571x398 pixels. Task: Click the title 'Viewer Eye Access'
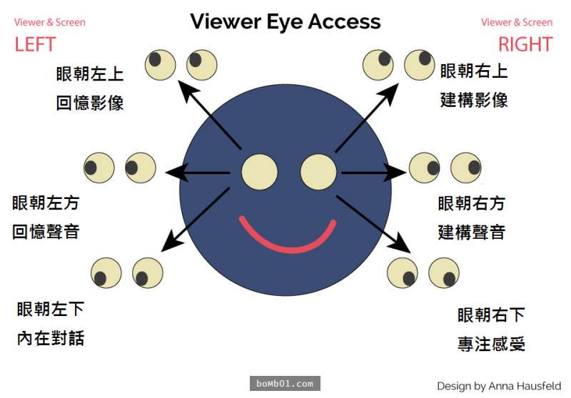[x=285, y=21]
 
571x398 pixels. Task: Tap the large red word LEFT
[x=35, y=44]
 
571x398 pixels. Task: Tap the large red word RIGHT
[x=525, y=44]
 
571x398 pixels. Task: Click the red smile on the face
[x=287, y=239]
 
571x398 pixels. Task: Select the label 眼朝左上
[x=91, y=74]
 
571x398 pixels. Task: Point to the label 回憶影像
[x=91, y=103]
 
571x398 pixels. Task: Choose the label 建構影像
[x=474, y=100]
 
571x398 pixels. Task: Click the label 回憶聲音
[x=46, y=232]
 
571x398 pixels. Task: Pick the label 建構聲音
[x=472, y=233]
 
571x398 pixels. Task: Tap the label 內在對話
[x=51, y=338]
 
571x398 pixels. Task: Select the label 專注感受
[x=492, y=345]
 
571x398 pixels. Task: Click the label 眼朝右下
[x=492, y=315]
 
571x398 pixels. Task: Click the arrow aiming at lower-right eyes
[x=373, y=224]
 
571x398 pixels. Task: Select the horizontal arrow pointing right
[x=373, y=172]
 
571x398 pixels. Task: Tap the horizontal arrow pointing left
[x=198, y=172]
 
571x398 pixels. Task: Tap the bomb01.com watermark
[x=285, y=384]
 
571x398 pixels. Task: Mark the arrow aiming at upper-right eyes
[x=366, y=117]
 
